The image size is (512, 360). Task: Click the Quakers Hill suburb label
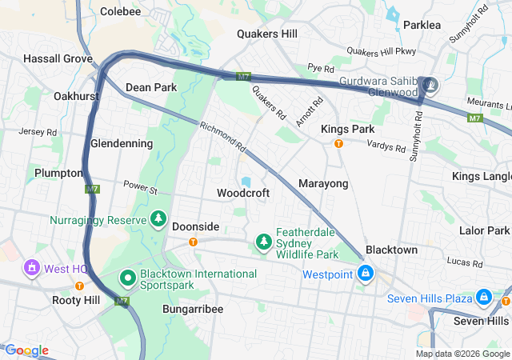267,34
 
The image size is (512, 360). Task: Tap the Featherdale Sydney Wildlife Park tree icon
263,241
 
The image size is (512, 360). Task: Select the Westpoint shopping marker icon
366,274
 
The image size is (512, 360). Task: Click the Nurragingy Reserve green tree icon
158,219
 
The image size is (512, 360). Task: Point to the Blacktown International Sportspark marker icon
127,279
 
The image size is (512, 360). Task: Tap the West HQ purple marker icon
32,267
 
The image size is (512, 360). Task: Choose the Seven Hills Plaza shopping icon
483,298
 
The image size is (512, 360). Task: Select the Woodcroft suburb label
243,193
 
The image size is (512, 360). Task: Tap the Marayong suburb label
323,184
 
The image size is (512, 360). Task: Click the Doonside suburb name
195,226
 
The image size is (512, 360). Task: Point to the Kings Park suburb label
347,129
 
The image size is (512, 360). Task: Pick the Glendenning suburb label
122,143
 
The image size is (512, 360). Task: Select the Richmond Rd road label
222,137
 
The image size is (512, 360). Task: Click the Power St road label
141,186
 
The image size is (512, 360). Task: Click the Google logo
26,350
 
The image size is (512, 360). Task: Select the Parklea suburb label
422,25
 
